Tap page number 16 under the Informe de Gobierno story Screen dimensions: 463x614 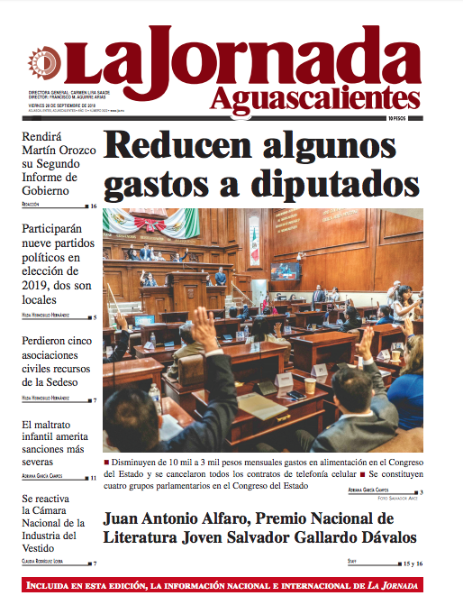coord(94,206)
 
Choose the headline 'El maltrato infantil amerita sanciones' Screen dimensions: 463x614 coord(58,441)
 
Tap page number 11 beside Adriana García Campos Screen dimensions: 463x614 coord(94,478)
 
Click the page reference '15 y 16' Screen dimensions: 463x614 coord(413,563)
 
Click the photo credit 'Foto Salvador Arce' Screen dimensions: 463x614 coord(394,498)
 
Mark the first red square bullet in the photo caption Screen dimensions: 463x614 coord(107,462)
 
